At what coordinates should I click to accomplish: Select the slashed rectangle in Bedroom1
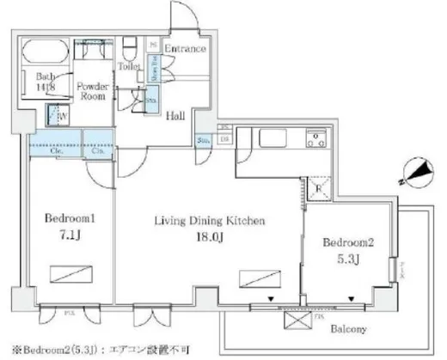65,274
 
